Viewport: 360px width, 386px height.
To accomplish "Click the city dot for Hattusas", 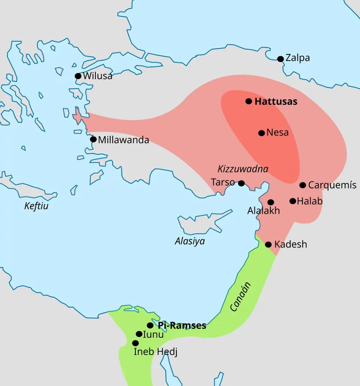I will point(248,101).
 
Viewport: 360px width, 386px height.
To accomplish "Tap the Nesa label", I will point(277,133).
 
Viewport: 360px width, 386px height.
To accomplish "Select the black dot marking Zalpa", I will point(280,59).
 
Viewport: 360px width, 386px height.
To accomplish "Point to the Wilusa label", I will point(98,76).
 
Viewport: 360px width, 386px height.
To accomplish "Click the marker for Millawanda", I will point(93,139).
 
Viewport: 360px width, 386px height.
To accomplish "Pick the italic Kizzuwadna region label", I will point(243,169).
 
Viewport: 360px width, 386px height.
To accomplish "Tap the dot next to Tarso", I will point(241,183).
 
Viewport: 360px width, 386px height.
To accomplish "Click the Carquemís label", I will point(332,185).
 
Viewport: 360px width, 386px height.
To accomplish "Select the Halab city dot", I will point(293,201).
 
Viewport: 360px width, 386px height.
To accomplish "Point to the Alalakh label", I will point(263,211).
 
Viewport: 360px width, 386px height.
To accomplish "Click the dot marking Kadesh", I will point(268,245).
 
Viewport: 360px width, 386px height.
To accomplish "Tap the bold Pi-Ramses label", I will point(182,325).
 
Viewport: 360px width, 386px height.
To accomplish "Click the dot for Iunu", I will point(139,334).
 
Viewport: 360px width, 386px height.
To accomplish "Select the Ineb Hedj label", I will point(155,352).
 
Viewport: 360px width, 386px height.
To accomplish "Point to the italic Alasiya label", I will point(190,241).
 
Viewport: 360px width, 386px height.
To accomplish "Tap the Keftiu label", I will point(36,206).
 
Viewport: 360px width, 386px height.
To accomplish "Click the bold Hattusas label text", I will point(276,101).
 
